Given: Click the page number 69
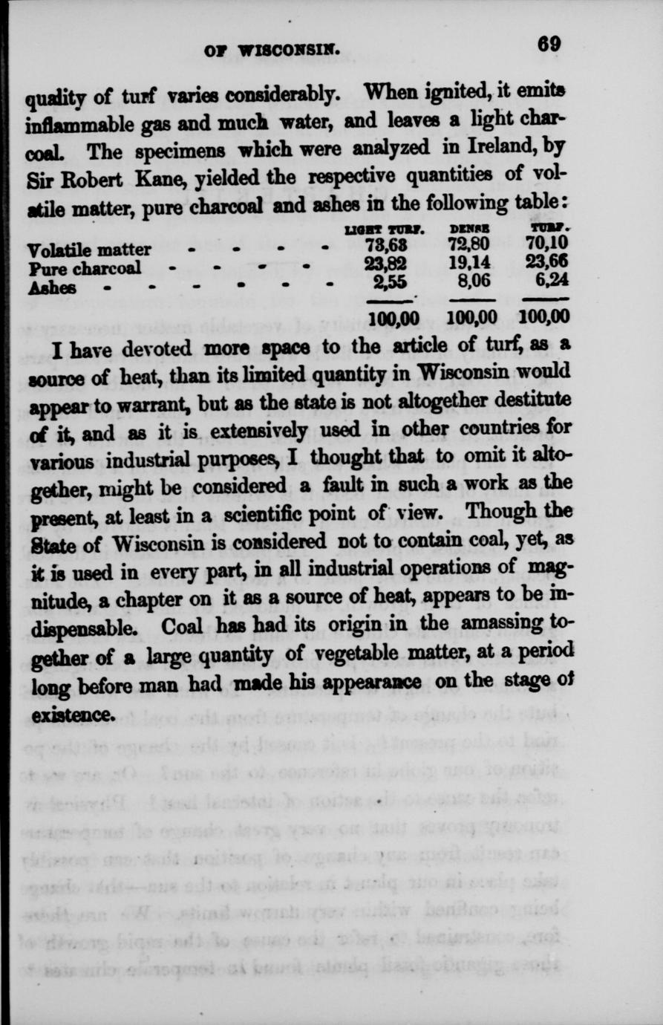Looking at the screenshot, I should (x=549, y=44).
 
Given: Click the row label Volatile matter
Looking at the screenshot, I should (x=88, y=250).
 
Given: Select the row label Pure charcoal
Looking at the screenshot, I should (x=84, y=268).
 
